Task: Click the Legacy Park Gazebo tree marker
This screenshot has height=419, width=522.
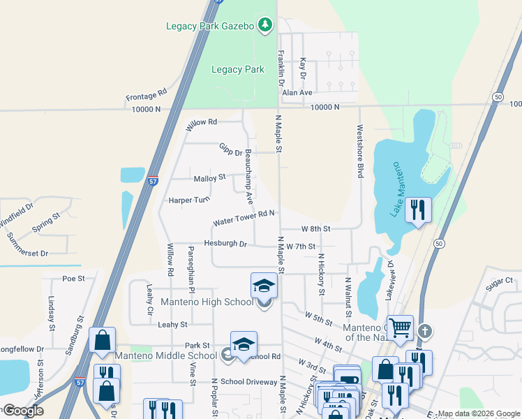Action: click(x=264, y=26)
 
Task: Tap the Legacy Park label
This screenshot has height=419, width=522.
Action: click(x=237, y=69)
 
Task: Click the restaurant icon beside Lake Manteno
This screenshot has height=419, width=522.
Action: click(x=418, y=209)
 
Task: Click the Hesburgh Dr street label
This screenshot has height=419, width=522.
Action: click(x=225, y=244)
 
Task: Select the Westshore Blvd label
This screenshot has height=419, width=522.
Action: click(x=360, y=152)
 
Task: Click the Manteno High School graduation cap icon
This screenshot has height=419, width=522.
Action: click(x=264, y=285)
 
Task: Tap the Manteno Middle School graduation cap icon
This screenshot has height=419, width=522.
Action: click(x=243, y=344)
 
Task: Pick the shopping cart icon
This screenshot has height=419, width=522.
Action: click(x=400, y=327)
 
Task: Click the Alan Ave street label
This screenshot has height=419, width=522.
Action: click(x=297, y=92)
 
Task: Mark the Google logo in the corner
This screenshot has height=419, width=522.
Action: click(x=23, y=411)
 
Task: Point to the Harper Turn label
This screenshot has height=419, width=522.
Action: click(x=188, y=200)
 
